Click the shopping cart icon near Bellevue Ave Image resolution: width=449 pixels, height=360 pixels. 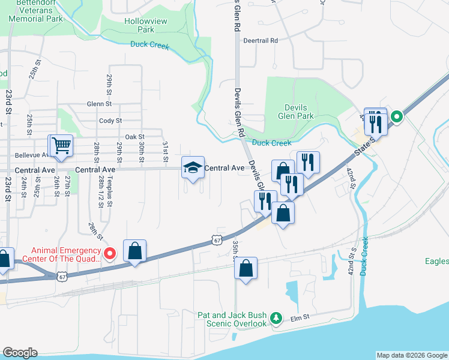click(x=61, y=146)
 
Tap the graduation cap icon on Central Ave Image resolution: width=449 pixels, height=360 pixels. click(x=193, y=168)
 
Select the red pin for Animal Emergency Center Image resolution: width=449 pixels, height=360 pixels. click(x=109, y=254)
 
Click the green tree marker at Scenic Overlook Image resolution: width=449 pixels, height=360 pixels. click(x=276, y=317)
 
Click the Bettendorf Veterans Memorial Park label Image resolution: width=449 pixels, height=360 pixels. click(x=36, y=10)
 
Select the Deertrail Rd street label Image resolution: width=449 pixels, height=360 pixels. click(x=261, y=41)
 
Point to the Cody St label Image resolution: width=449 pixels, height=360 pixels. click(x=110, y=121)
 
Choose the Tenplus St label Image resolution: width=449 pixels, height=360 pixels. click(x=111, y=196)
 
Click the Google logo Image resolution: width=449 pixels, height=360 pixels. click(x=20, y=353)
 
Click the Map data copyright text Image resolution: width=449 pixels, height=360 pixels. click(x=412, y=355)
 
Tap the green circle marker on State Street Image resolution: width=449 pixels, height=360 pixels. click(x=396, y=116)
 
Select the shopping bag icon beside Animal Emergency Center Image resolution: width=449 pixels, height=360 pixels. click(x=135, y=251)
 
